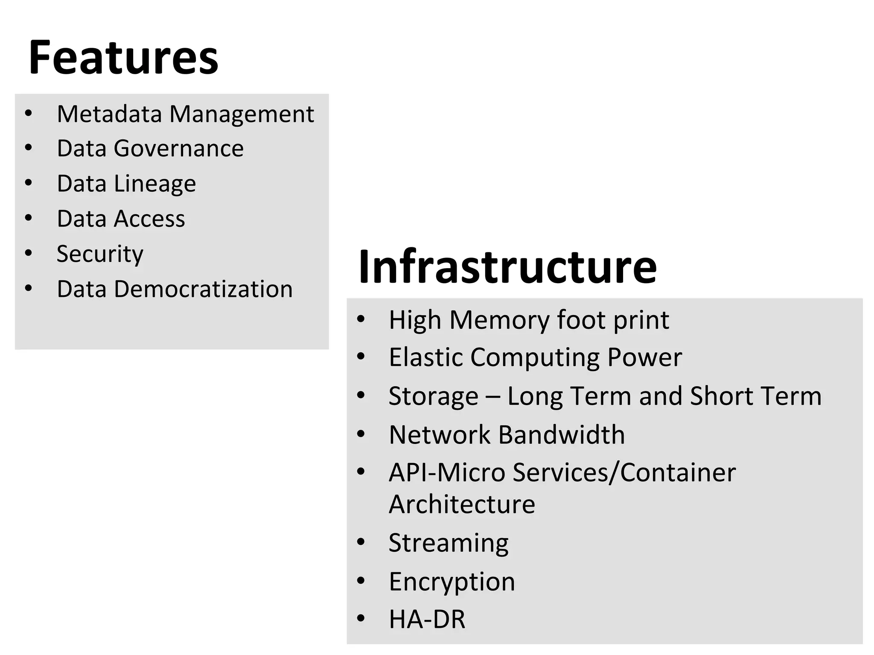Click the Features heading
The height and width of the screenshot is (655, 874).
(x=123, y=58)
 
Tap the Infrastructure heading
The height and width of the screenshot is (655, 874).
(x=507, y=267)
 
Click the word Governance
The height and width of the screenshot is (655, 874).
(x=178, y=148)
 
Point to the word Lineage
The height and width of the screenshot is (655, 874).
(x=155, y=184)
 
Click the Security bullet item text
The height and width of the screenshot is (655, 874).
(x=100, y=254)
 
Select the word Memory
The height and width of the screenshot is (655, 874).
(x=499, y=320)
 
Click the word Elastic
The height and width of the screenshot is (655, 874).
(x=425, y=357)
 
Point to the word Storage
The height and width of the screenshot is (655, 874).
(x=433, y=396)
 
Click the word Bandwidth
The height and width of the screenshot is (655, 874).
(x=561, y=435)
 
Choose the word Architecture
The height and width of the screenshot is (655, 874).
(x=462, y=504)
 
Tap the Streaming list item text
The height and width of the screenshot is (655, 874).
(x=449, y=543)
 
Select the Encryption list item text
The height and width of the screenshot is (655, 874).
(x=452, y=582)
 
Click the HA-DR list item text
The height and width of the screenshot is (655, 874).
(x=427, y=619)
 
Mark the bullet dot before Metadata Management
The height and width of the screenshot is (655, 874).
(x=29, y=114)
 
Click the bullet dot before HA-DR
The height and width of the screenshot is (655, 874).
(x=361, y=618)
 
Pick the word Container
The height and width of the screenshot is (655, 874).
(x=678, y=472)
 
